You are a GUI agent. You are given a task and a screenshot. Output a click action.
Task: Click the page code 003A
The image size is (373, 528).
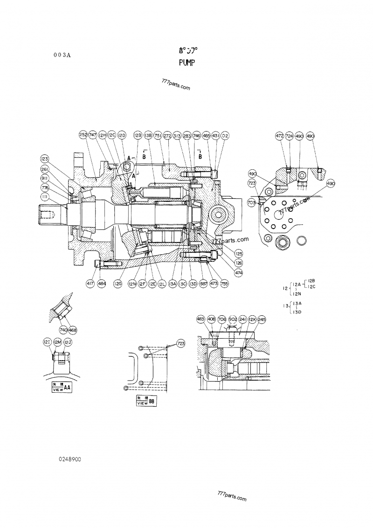(x=62, y=55)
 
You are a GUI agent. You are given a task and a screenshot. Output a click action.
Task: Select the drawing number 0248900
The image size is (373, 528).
(x=70, y=459)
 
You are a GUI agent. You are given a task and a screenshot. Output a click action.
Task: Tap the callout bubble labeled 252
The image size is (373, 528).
(x=83, y=135)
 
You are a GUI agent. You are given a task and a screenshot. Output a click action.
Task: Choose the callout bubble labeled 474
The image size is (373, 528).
(x=239, y=272)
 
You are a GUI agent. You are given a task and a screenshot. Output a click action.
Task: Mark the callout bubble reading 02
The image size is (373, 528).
(x=225, y=135)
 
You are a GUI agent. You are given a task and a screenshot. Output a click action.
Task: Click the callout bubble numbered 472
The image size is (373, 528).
(x=279, y=136)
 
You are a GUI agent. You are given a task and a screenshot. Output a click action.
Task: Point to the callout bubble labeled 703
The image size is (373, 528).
(x=251, y=203)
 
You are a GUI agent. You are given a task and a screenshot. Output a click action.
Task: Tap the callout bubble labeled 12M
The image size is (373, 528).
(x=57, y=343)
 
